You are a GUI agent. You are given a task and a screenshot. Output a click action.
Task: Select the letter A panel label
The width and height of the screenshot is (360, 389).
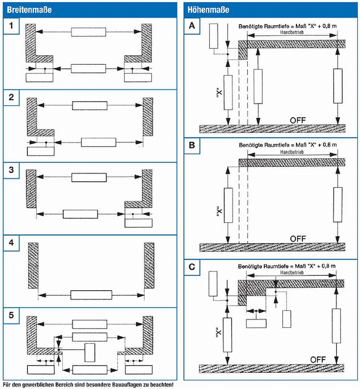pos(192,26)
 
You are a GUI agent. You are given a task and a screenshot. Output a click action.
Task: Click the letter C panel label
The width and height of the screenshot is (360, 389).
pos(192,267)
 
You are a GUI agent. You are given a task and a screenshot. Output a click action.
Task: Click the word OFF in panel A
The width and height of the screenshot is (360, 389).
pos(298,120)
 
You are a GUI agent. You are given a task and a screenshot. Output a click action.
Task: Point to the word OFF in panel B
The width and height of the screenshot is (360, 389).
pos(298,238)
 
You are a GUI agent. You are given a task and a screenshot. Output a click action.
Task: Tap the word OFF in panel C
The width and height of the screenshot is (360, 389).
pos(318,359)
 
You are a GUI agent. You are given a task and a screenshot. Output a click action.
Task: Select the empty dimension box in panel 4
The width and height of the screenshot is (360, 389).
pos(91,295)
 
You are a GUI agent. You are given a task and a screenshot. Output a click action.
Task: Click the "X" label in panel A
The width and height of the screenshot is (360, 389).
pos(219,93)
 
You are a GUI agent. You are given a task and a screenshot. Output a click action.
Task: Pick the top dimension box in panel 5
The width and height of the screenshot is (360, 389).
pos(90,324)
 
